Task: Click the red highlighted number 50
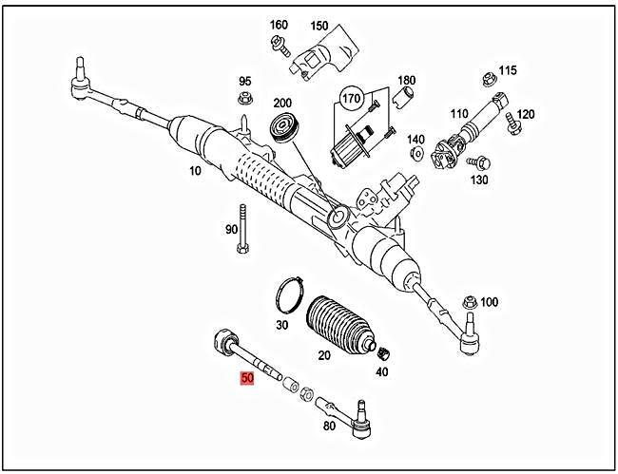pos(247,378)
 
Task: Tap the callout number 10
pos(195,171)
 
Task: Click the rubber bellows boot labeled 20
pos(340,327)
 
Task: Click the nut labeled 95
pos(244,100)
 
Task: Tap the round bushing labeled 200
pos(283,127)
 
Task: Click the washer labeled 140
pos(415,158)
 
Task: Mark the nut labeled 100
pos(466,302)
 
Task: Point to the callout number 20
pos(323,355)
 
